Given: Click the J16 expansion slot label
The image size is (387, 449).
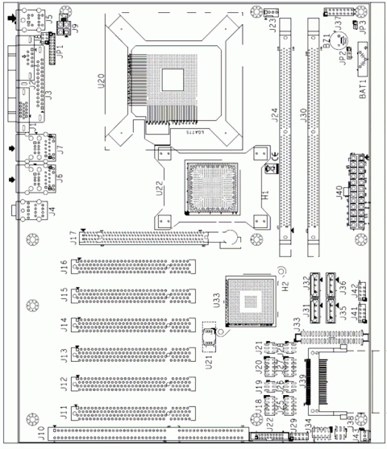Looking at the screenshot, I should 64,266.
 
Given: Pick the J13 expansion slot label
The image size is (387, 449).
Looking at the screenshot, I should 64,354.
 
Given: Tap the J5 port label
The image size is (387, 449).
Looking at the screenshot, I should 50,17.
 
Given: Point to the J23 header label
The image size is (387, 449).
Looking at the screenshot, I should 273,24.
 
